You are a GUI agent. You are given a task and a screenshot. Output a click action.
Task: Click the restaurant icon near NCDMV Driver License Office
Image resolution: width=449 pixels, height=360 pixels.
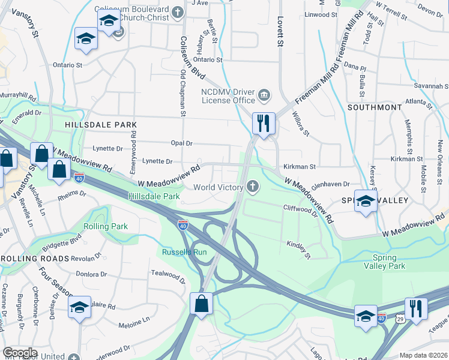[264, 123]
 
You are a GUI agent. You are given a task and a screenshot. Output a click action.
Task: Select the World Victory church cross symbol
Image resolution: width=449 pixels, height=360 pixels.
[253, 188]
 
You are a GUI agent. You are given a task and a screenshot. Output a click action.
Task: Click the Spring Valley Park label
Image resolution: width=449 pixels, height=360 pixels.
[384, 261]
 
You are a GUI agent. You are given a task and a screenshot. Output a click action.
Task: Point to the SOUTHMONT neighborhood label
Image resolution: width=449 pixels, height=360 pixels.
[375, 107]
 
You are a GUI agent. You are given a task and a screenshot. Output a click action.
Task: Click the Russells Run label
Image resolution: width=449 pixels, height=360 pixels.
[184, 252]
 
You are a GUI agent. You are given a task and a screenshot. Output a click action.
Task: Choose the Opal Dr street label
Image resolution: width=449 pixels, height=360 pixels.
[181, 143]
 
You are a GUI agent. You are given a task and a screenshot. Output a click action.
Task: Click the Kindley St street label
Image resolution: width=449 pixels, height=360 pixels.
[298, 250]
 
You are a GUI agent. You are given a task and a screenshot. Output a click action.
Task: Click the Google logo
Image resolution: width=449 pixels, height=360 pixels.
[20, 353]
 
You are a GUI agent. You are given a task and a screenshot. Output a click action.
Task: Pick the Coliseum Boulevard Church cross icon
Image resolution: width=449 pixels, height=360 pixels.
[178, 12]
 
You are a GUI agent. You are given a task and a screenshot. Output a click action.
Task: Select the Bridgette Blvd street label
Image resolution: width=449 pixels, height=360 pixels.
[61, 247]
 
